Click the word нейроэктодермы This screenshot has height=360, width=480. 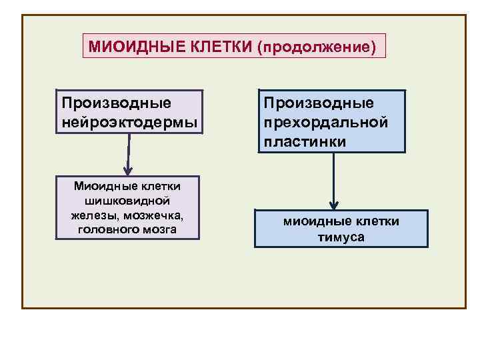click(x=129, y=122)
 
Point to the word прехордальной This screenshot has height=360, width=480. click(x=325, y=123)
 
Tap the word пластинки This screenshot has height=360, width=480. click(x=305, y=141)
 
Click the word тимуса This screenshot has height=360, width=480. click(x=341, y=237)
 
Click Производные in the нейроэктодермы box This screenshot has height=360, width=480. click(x=116, y=103)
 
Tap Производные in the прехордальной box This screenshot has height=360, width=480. click(x=319, y=103)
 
